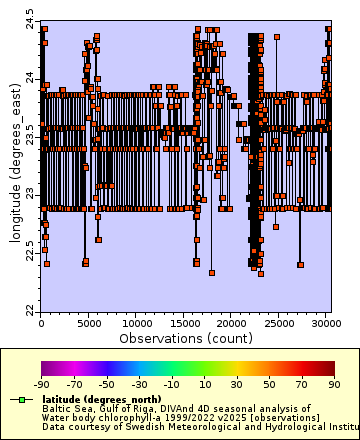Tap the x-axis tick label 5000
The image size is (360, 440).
pyautogui.click(x=88, y=324)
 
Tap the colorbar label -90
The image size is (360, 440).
pyautogui.click(x=41, y=384)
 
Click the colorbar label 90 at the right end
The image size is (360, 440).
pyautogui.click(x=334, y=384)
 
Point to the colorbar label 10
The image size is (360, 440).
pyautogui.click(x=204, y=384)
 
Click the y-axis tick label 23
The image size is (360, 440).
pyautogui.click(x=30, y=194)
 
